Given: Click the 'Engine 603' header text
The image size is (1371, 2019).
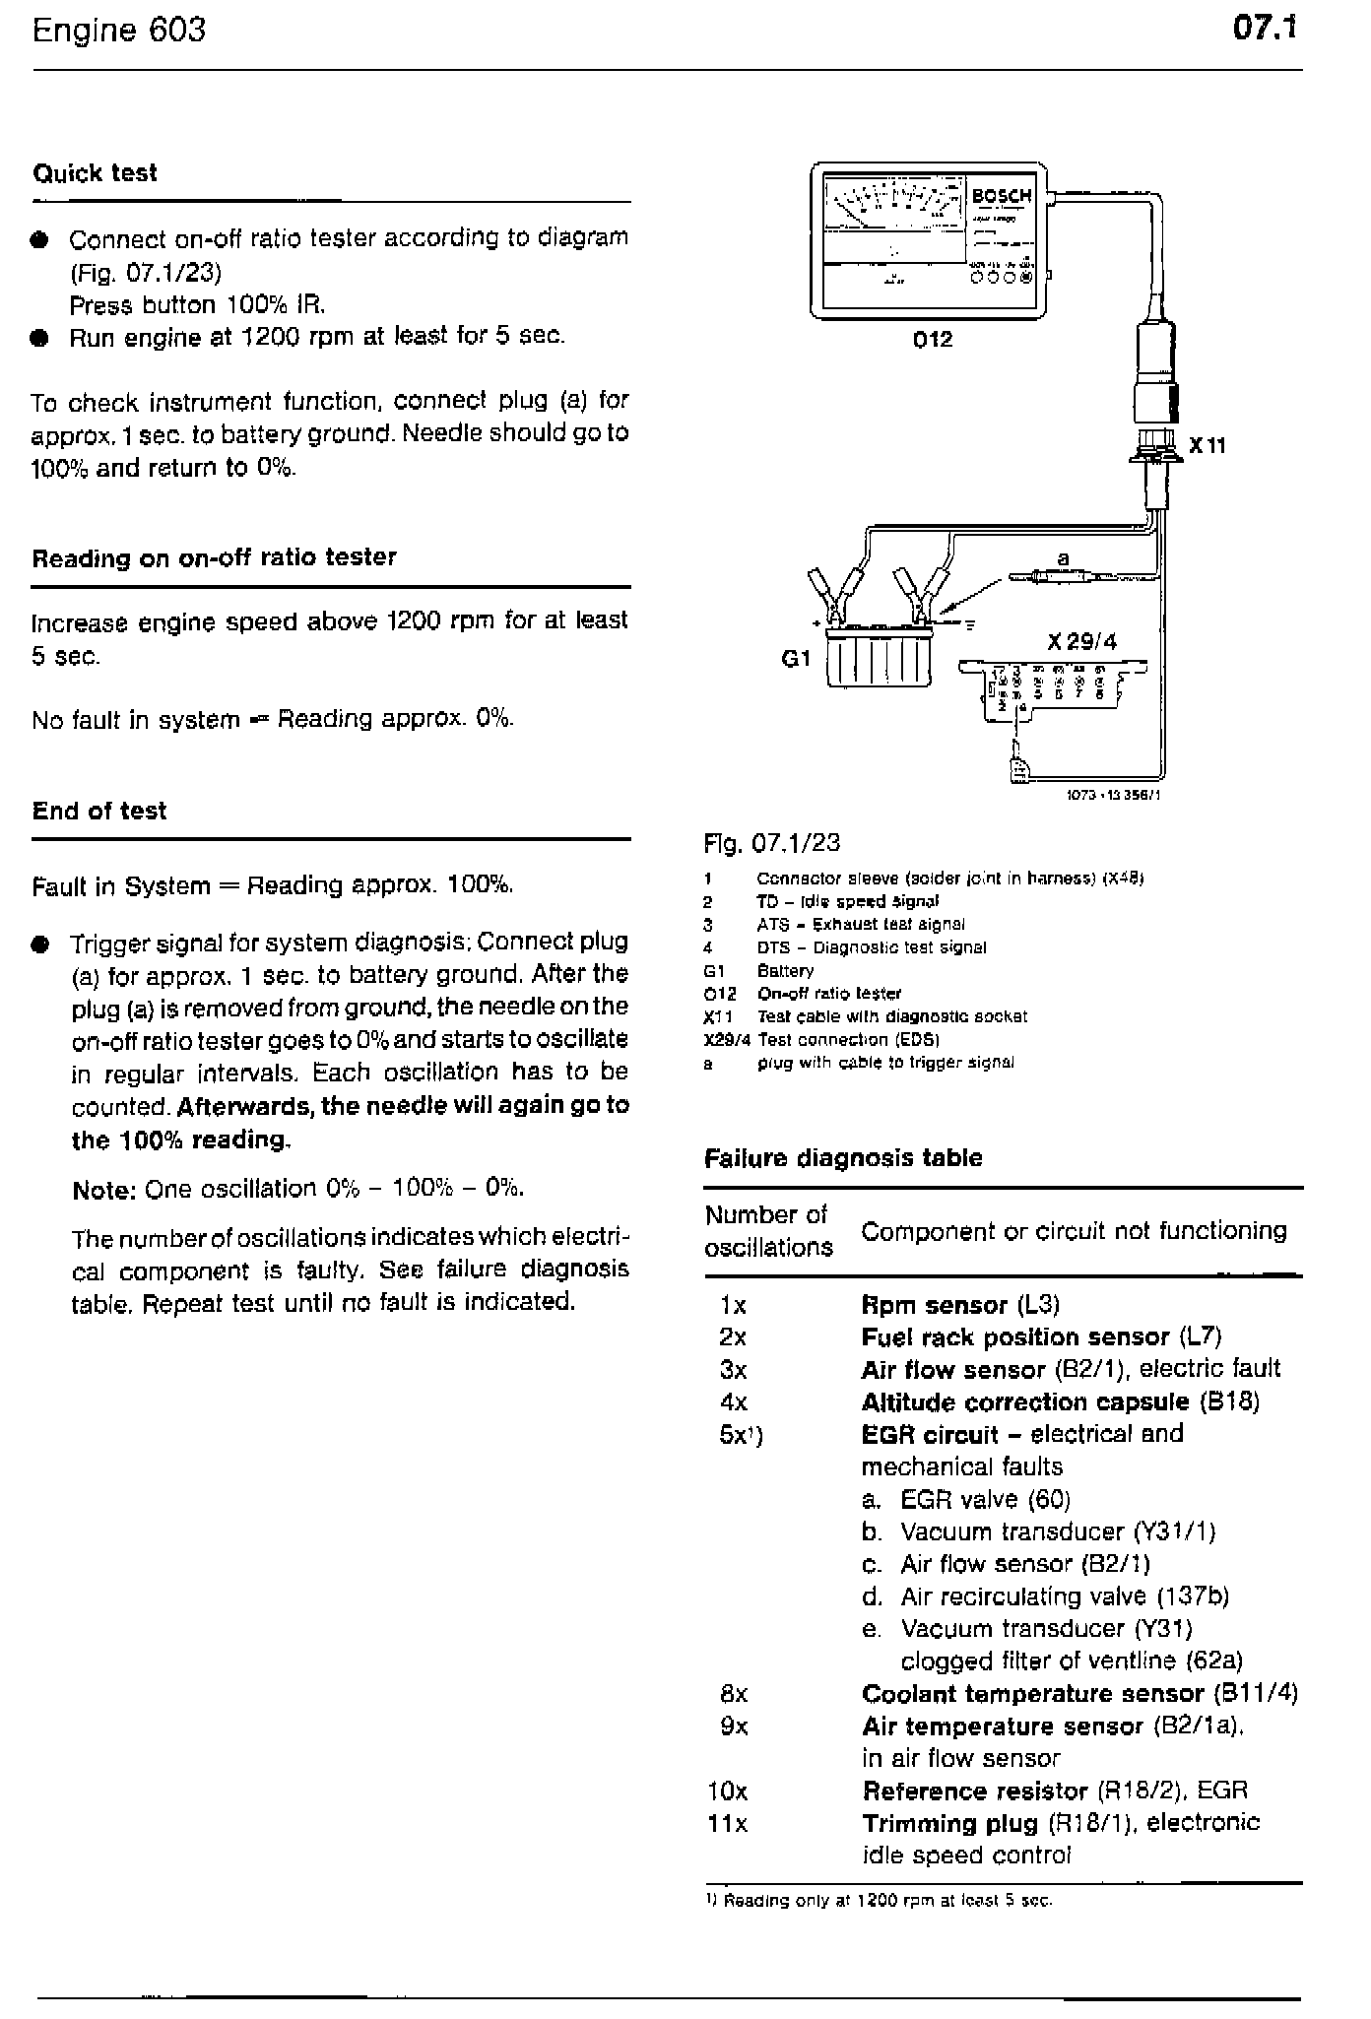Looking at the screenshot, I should click(x=119, y=31).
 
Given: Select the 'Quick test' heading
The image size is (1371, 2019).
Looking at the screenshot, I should click(x=95, y=173).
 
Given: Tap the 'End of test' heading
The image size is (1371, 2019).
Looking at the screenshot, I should click(x=99, y=811).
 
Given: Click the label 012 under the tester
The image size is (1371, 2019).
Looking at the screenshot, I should click(x=932, y=340).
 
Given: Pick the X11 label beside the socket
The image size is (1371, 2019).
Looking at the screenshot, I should click(x=1208, y=446).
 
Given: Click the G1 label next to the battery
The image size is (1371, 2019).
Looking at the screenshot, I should click(x=795, y=658).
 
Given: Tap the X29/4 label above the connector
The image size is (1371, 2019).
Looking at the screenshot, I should click(x=1081, y=642).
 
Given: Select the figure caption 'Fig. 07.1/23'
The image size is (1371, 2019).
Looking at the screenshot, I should click(x=772, y=843).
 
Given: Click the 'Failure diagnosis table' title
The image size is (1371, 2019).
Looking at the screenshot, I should click(x=843, y=1158).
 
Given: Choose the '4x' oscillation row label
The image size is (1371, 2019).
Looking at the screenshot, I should click(x=734, y=1401).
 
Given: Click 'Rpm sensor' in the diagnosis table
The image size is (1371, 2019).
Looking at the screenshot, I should click(x=933, y=1305).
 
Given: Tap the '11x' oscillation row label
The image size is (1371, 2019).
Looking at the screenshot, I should click(x=727, y=1823).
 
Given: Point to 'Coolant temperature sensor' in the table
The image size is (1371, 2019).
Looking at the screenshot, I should click(x=1032, y=1693).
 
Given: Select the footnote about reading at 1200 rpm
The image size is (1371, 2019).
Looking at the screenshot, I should click(x=880, y=1900).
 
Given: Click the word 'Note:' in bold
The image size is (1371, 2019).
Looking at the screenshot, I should click(x=103, y=1190).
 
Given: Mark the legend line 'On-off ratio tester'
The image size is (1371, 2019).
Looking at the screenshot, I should click(x=828, y=993).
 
